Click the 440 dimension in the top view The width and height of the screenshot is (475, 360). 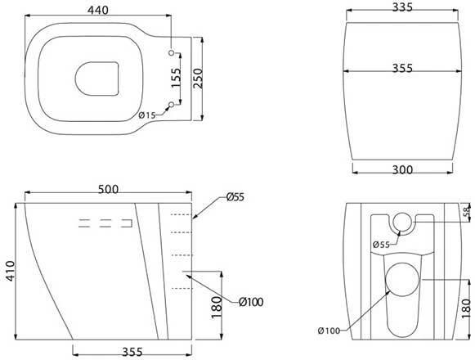click(97, 11)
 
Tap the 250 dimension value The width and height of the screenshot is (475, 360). click(198, 79)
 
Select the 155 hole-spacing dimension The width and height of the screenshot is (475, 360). click(176, 78)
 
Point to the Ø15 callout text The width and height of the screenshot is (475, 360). click(147, 115)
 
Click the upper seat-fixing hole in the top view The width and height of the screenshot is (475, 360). click(172, 52)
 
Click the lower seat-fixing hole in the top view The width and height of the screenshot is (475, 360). click(172, 105)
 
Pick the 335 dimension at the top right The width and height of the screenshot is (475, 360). click(402, 7)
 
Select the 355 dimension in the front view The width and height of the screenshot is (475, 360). click(402, 68)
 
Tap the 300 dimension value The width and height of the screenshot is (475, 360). click(402, 170)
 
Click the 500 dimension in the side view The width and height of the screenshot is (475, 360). click(108, 189)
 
